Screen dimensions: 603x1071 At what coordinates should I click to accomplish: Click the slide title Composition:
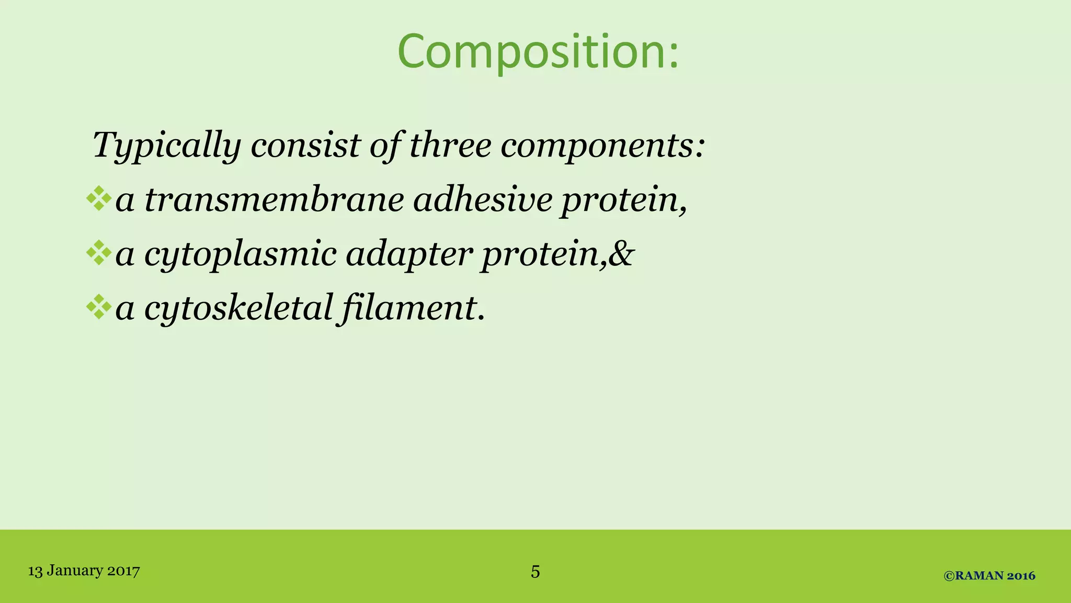(x=538, y=52)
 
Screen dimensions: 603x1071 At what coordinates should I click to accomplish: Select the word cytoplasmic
(x=240, y=254)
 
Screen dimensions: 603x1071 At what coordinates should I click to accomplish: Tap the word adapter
(x=409, y=254)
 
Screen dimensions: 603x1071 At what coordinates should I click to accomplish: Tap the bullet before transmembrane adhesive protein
(x=99, y=199)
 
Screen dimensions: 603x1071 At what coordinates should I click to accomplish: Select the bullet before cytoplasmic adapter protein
(x=99, y=253)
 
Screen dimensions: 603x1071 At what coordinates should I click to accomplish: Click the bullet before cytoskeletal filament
(x=99, y=307)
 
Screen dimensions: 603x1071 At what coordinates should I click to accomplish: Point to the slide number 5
(x=535, y=571)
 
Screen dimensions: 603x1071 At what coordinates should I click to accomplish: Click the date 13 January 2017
(x=84, y=570)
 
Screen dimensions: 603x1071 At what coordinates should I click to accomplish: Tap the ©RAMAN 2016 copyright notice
(x=989, y=576)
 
